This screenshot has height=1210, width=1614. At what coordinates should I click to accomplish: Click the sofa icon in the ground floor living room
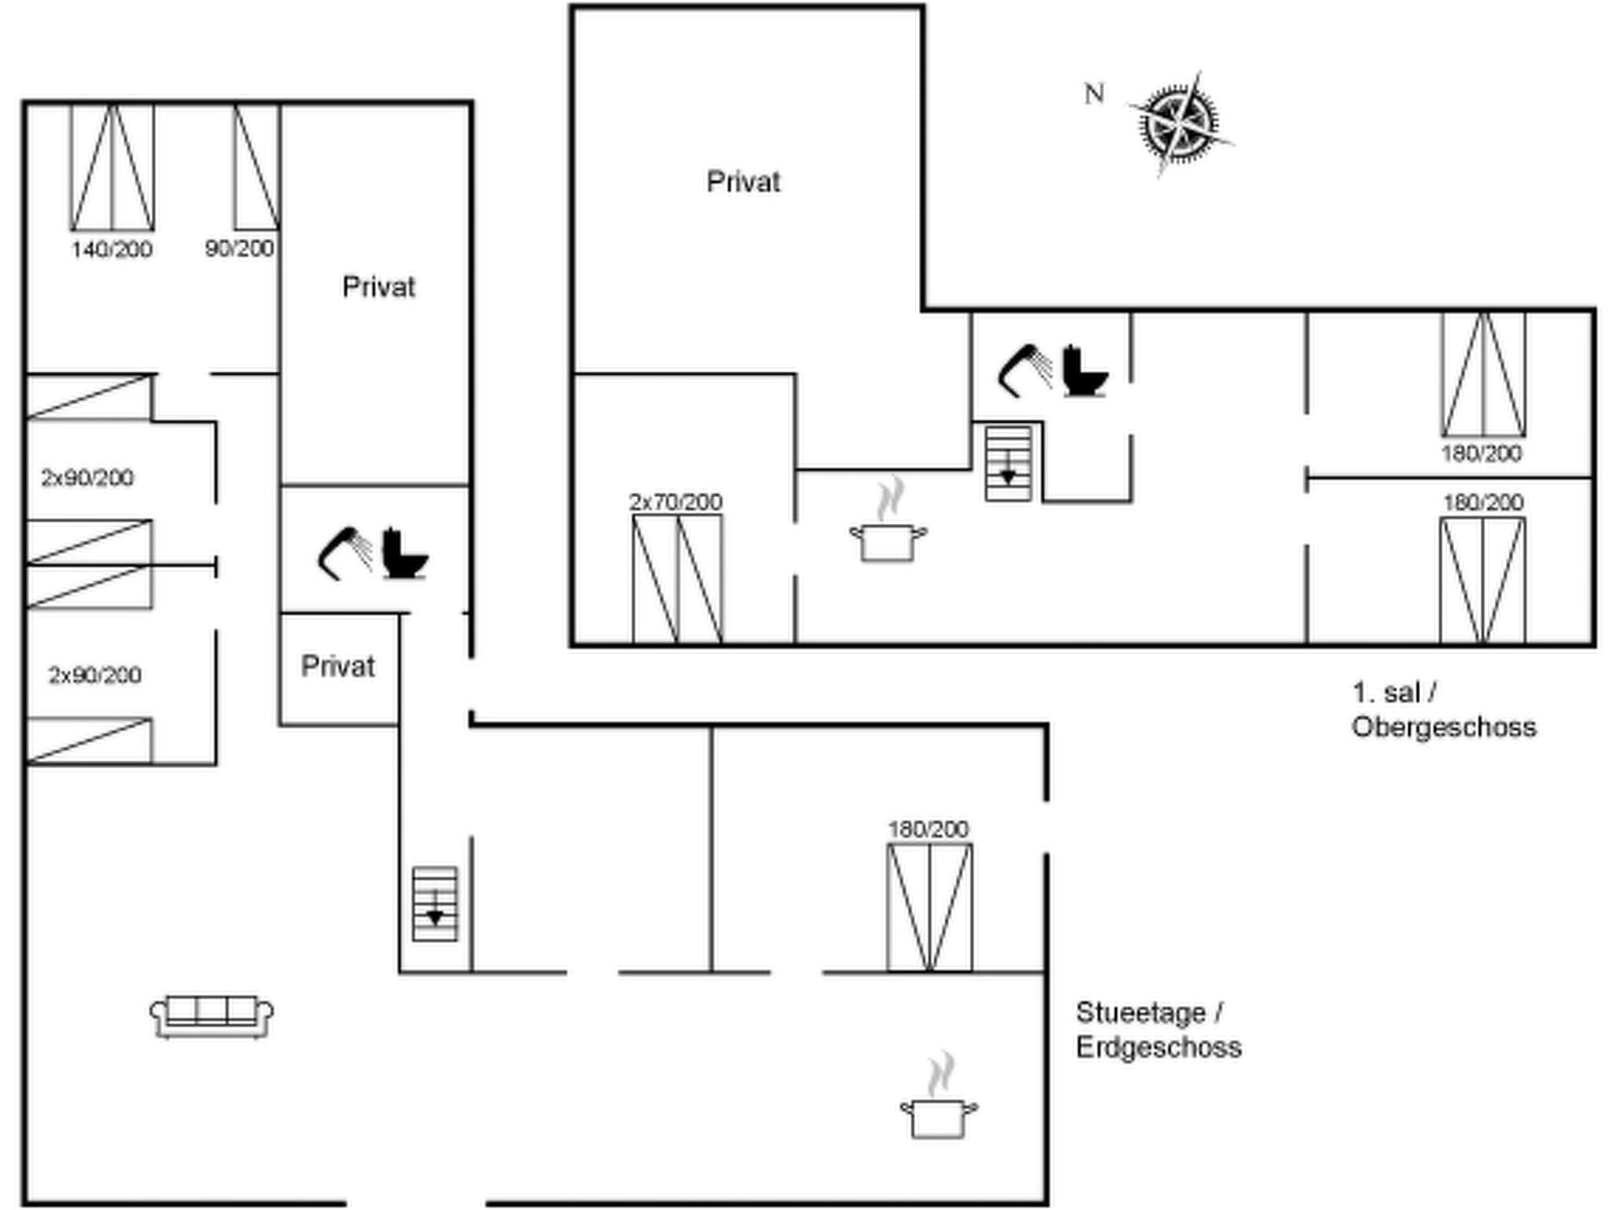[212, 1017]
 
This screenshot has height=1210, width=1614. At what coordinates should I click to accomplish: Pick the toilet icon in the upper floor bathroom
[1085, 371]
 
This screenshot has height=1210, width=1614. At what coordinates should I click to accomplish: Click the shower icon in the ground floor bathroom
[345, 553]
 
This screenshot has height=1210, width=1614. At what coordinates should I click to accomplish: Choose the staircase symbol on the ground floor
[435, 904]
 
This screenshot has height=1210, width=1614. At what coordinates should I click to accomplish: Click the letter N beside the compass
[1094, 94]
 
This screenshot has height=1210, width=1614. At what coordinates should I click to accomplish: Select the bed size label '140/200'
[112, 250]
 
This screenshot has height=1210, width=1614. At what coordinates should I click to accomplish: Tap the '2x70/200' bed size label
[676, 502]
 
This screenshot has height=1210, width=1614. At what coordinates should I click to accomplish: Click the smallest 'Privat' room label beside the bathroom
[338, 666]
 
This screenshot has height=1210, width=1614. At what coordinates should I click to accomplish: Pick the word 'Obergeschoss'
[1444, 726]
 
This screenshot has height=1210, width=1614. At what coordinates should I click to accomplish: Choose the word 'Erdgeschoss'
[1158, 1047]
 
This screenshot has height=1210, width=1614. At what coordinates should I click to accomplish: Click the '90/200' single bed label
[240, 249]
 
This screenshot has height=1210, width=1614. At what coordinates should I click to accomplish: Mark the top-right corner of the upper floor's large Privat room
[923, 7]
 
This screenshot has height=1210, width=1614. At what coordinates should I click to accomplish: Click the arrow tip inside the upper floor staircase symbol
[1008, 483]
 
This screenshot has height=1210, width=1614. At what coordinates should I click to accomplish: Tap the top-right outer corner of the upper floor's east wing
[1594, 310]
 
